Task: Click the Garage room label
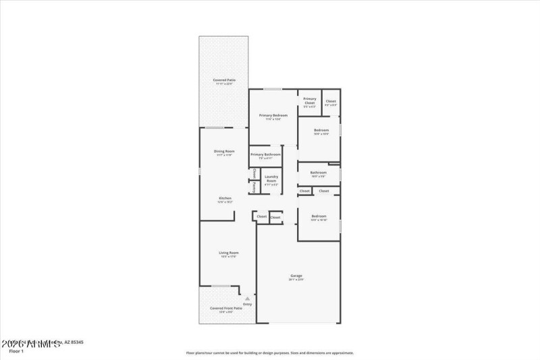point(296,275)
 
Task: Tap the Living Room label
point(229,253)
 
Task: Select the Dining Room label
point(224,151)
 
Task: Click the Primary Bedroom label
point(273,115)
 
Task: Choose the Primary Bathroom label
point(265,155)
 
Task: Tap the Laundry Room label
point(271,179)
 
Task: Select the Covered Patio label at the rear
point(223,80)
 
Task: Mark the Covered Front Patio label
point(221,308)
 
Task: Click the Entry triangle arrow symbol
point(247,298)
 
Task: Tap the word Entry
point(247,304)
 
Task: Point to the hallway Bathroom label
point(319,172)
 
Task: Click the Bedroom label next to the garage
point(319,217)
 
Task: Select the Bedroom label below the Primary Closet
point(321,130)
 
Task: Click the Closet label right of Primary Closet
point(331,101)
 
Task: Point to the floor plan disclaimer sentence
point(270,353)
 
